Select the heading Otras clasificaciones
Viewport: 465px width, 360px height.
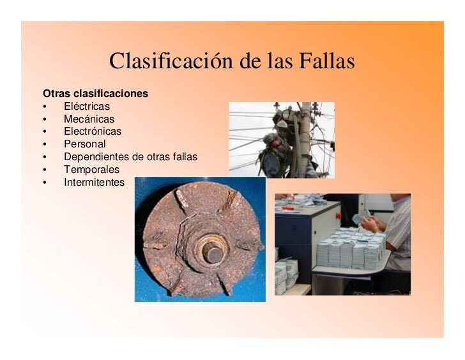point(95,94)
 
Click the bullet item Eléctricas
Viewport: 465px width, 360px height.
point(87,107)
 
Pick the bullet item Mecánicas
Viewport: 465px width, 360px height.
point(89,119)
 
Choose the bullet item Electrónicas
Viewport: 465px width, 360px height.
point(92,131)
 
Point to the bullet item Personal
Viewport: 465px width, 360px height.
point(84,144)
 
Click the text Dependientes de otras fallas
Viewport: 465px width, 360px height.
point(130,157)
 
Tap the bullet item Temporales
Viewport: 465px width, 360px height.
point(91,170)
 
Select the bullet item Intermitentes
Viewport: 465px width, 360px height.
point(94,183)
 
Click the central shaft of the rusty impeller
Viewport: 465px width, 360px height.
point(213,251)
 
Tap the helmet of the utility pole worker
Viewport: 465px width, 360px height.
point(282,124)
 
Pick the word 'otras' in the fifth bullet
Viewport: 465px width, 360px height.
point(160,157)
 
